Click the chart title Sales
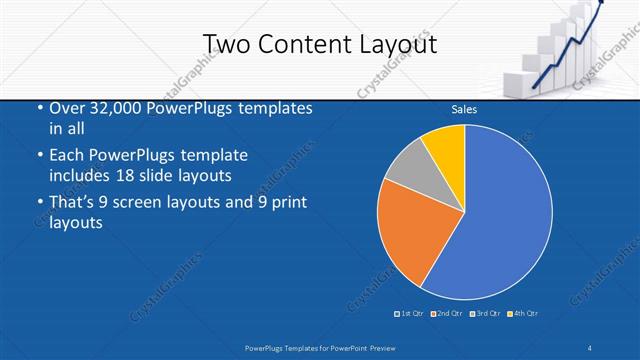click(x=463, y=109)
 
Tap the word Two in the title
click(x=225, y=44)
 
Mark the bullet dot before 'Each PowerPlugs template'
click(x=39, y=157)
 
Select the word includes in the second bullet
click(x=84, y=175)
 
